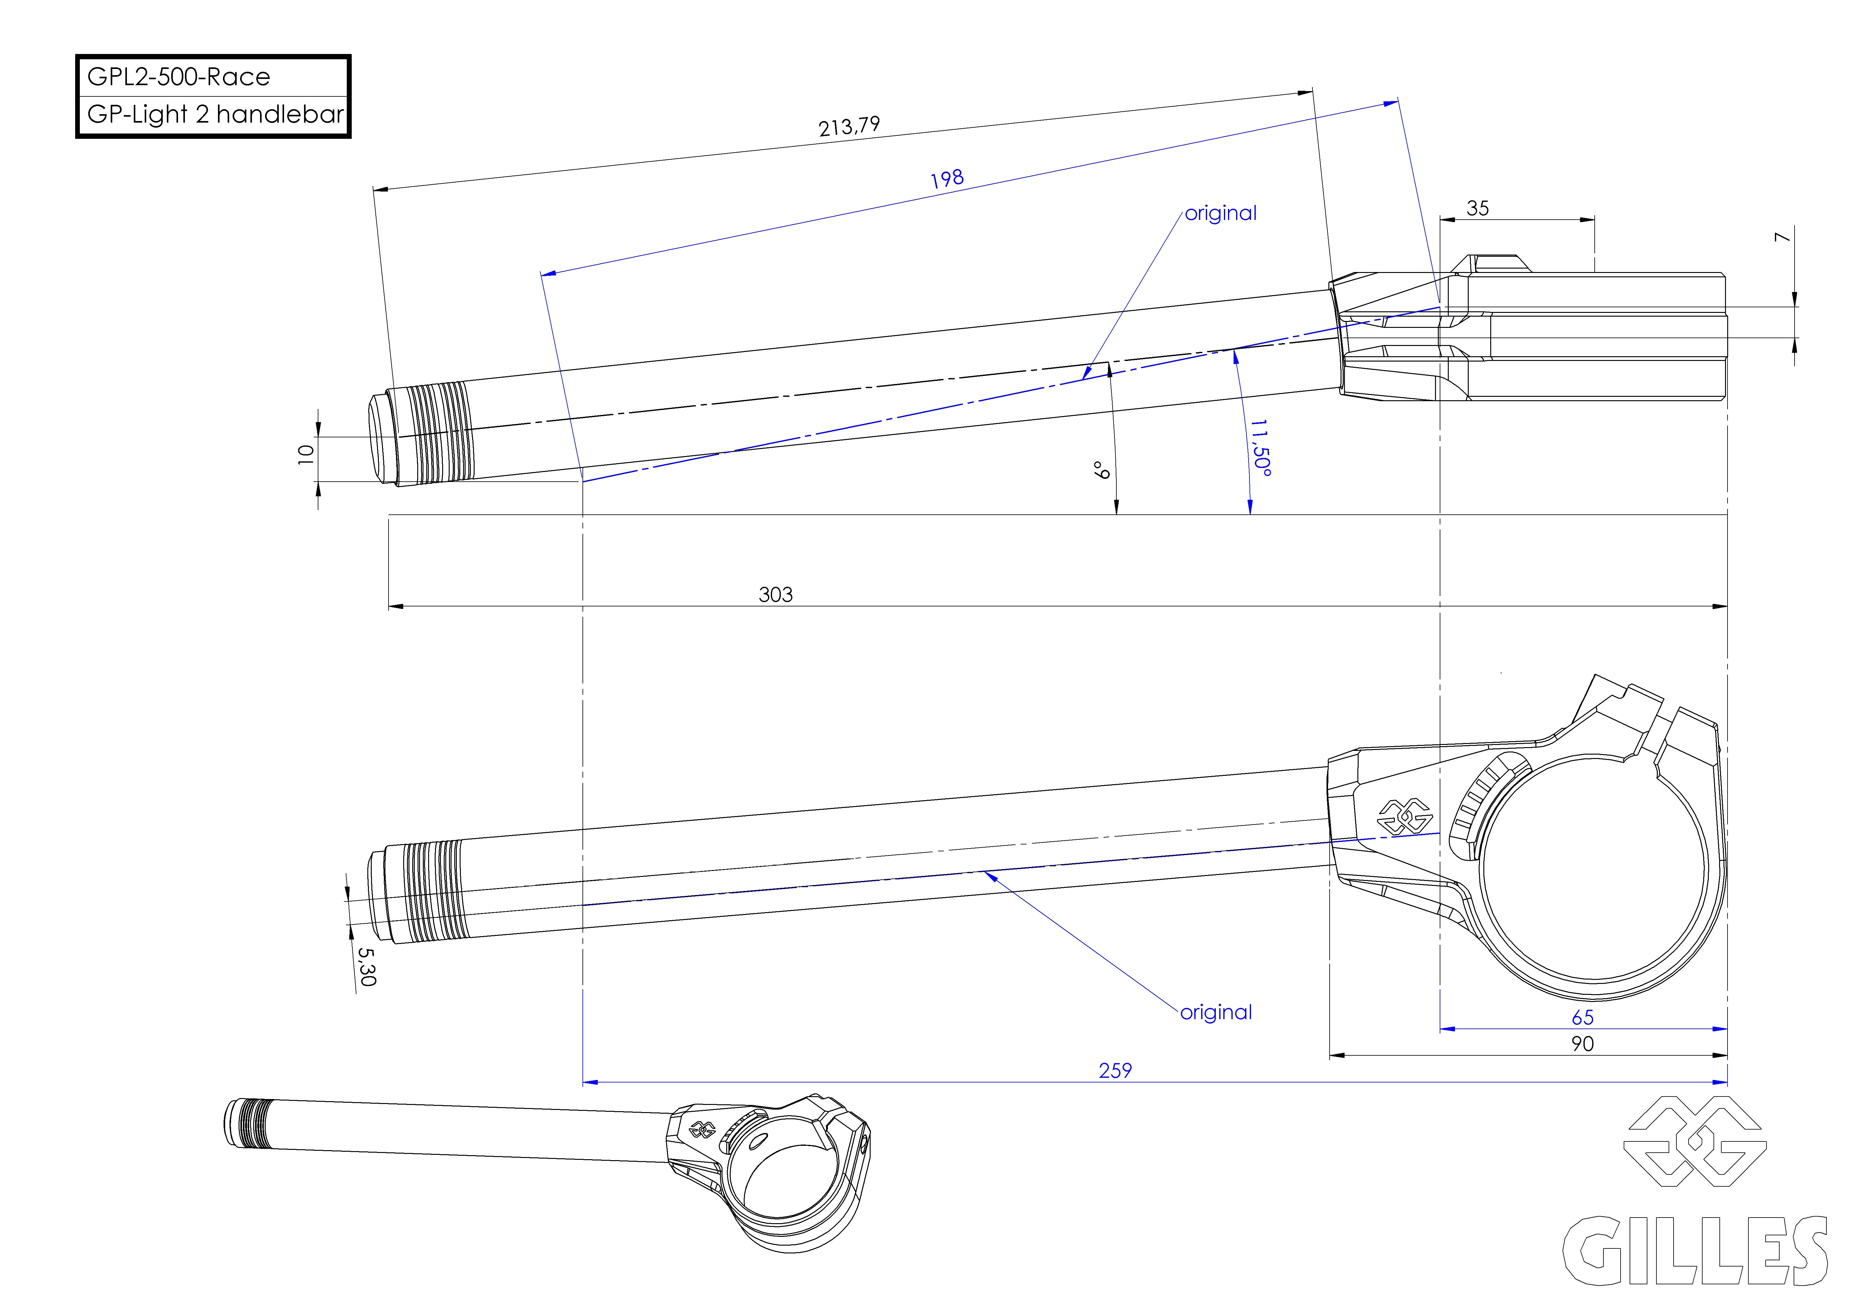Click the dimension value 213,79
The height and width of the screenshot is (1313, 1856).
pyautogui.click(x=849, y=126)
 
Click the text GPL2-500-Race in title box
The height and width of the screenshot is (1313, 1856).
pyautogui.click(x=179, y=77)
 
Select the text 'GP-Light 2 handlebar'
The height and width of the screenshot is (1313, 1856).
pyautogui.click(x=215, y=114)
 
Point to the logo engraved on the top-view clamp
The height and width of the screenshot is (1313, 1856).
pyautogui.click(x=1405, y=817)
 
